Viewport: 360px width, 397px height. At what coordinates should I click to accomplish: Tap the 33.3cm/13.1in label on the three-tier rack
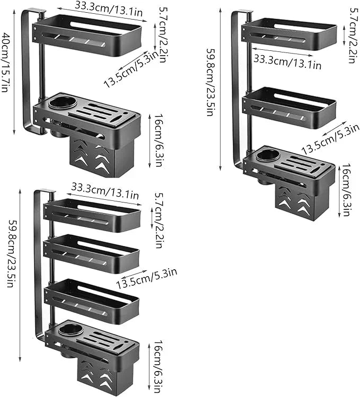pyautogui.click(x=287, y=61)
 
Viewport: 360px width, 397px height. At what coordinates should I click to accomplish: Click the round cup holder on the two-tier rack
pyautogui.click(x=59, y=102)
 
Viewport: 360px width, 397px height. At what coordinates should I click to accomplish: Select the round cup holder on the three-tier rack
pyautogui.click(x=269, y=155)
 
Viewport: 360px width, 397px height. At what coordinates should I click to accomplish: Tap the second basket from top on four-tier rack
pyautogui.click(x=92, y=252)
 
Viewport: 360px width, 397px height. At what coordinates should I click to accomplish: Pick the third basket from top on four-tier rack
pyautogui.click(x=92, y=299)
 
